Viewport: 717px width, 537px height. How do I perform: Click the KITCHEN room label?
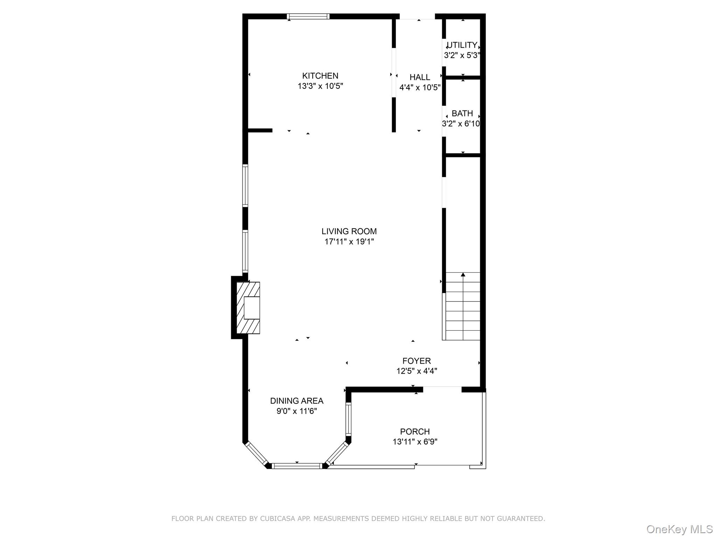point(320,76)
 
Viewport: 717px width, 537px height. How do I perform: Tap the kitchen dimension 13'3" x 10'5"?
point(320,86)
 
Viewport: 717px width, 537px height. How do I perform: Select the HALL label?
point(419,77)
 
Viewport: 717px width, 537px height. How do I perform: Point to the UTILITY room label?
point(462,45)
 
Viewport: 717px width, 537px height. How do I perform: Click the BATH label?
point(462,114)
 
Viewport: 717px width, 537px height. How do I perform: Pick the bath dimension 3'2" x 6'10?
point(461,124)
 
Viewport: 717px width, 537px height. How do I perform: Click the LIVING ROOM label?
point(349,231)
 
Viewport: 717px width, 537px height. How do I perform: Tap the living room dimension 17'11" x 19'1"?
point(349,242)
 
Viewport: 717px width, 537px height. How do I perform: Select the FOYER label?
point(416,361)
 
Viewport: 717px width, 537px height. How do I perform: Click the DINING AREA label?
point(297,401)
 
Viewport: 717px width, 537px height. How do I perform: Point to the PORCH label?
point(415,432)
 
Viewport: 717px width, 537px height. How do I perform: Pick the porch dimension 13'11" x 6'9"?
point(415,442)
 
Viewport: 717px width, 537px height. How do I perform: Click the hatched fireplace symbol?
point(248,308)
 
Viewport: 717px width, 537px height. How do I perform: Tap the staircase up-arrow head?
point(463,275)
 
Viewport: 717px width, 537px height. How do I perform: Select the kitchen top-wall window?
point(308,16)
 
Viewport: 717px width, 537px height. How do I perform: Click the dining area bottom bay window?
point(297,466)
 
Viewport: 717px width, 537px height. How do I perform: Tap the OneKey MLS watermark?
point(679,529)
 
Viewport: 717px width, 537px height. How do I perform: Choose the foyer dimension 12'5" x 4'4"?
point(416,371)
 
